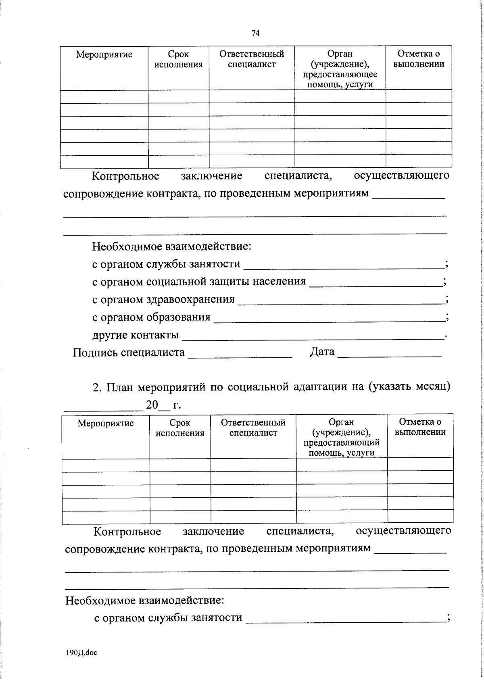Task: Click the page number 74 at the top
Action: [x=255, y=33]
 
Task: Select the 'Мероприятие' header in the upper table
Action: [x=104, y=54]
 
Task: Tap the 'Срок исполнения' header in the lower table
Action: [x=180, y=428]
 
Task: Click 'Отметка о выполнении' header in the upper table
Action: [x=419, y=59]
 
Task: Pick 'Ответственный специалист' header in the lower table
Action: [x=253, y=428]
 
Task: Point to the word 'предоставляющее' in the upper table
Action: [x=340, y=75]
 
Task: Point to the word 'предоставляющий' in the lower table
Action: [x=342, y=442]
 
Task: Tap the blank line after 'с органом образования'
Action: [x=329, y=321]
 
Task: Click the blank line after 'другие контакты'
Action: [x=313, y=339]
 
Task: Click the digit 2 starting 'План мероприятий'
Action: [x=96, y=387]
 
